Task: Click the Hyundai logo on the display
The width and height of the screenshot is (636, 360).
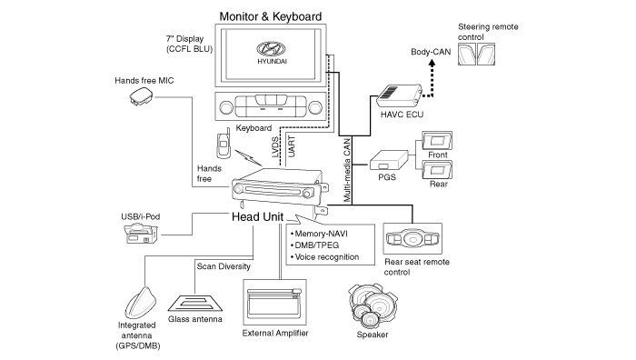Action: pos(271,49)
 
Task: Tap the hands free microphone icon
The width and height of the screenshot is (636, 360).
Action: pos(141,97)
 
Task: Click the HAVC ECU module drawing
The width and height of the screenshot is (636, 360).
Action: pos(399,95)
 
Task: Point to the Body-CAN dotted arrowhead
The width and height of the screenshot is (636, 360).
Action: pos(432,63)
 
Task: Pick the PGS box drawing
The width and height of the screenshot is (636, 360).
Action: pos(388,160)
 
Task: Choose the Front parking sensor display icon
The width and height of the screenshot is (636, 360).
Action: pos(437,141)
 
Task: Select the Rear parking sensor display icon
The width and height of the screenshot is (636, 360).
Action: pos(437,170)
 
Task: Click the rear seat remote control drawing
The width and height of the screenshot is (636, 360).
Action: pos(412,239)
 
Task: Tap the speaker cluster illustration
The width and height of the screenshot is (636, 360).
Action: pos(373,305)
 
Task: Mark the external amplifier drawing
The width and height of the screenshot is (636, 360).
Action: pos(274,303)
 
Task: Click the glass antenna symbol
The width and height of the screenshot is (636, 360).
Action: pos(195,303)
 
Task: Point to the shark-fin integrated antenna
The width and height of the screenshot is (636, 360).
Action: pos(140,303)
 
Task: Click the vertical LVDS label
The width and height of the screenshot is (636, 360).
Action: pos(275,147)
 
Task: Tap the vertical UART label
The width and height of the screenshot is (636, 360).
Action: pos(292,146)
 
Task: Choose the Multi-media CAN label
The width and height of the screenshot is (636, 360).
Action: pos(347,171)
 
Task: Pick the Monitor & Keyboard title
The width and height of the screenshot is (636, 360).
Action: pos(271,16)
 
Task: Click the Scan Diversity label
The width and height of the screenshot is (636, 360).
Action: pos(224,266)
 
